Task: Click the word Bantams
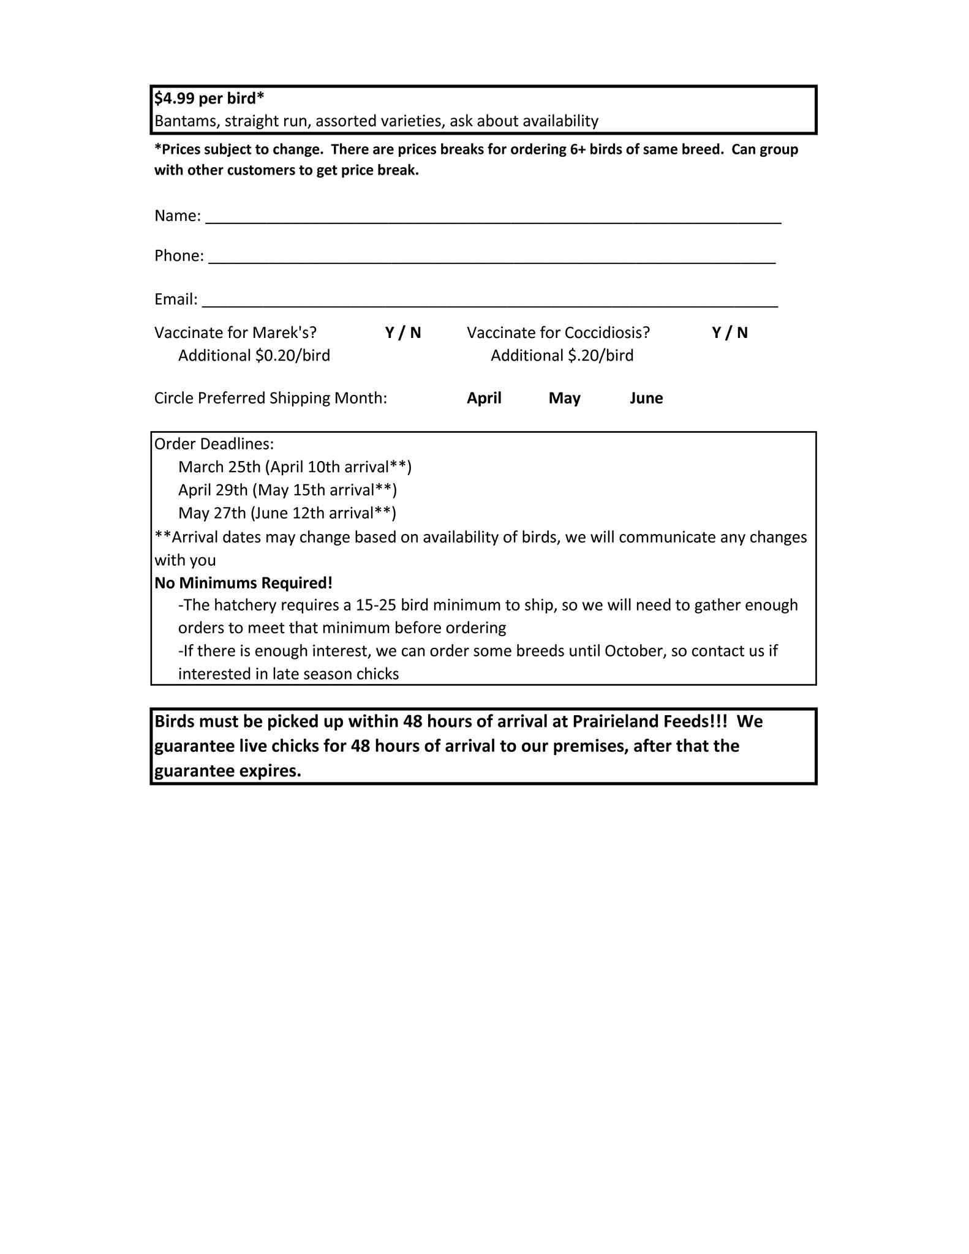(x=186, y=121)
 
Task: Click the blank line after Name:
(x=492, y=218)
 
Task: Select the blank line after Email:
(x=489, y=301)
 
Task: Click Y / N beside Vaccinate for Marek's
(x=403, y=332)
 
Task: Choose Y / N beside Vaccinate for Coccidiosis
(x=730, y=332)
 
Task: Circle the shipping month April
(x=484, y=398)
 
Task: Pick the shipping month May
(x=564, y=398)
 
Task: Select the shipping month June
(x=646, y=398)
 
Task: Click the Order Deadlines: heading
(x=214, y=444)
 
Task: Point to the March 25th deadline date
(x=219, y=467)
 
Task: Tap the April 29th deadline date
(x=213, y=490)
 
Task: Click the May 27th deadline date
(x=212, y=512)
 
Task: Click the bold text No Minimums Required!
(x=243, y=583)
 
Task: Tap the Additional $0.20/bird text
(x=254, y=356)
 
